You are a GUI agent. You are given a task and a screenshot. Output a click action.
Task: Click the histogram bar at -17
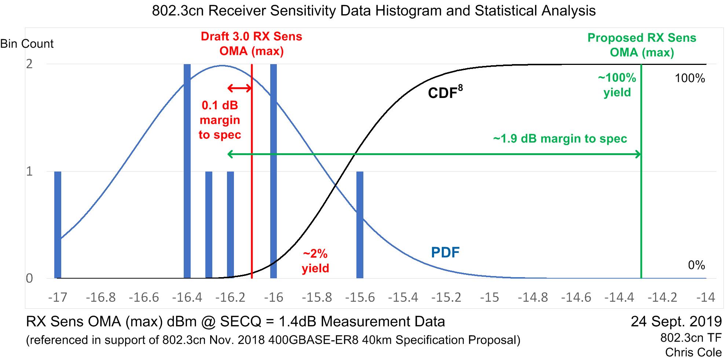[58, 225]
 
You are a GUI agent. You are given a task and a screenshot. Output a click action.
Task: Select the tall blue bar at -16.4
[187, 171]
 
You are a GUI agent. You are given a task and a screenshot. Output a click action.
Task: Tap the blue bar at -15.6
[360, 225]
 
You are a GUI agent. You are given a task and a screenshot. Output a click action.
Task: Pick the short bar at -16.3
[209, 225]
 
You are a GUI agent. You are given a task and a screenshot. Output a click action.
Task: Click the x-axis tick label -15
[489, 297]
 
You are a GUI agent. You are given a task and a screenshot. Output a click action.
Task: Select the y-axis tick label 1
[29, 171]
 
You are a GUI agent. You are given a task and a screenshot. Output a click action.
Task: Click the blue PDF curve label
[445, 253]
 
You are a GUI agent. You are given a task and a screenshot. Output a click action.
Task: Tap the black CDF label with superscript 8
[445, 92]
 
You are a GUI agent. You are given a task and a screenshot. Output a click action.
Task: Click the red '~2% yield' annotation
[315, 261]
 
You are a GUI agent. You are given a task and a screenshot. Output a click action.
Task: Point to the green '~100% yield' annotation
[617, 85]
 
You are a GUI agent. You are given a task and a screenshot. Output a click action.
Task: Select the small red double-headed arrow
[240, 88]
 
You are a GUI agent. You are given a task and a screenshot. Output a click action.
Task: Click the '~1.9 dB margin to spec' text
[560, 139]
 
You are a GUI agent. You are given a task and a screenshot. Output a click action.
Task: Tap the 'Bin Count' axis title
[27, 44]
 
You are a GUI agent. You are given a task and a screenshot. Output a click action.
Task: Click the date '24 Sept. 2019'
[676, 322]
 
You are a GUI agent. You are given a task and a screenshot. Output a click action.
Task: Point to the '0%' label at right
[696, 265]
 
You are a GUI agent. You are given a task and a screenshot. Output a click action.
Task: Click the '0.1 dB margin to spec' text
[220, 120]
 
